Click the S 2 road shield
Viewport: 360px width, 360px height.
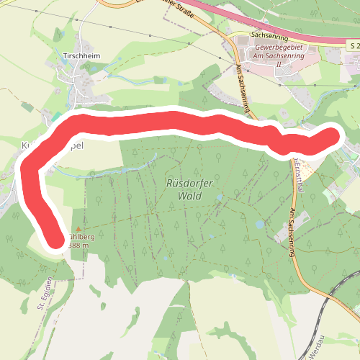point(352,45)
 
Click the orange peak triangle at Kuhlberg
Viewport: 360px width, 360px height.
point(78,230)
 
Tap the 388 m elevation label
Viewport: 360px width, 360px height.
point(78,246)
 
